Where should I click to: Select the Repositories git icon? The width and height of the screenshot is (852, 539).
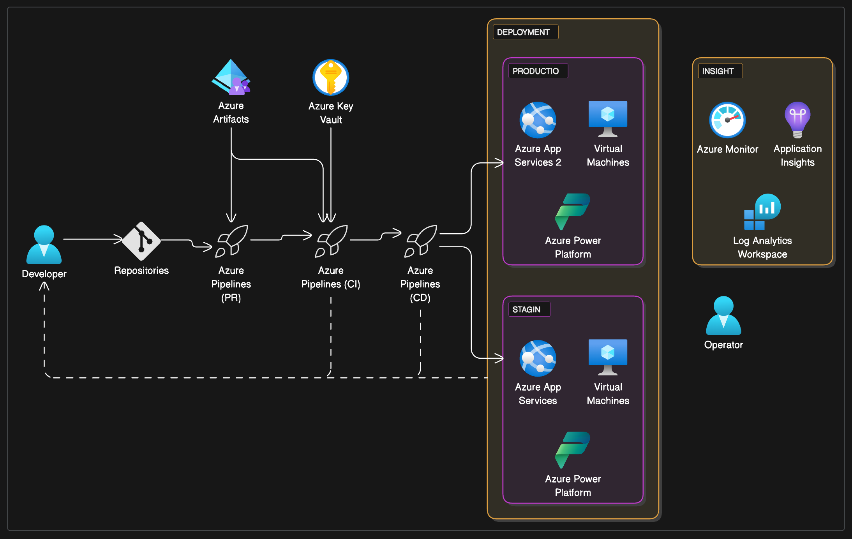tap(141, 241)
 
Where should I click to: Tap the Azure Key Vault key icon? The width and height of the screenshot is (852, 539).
tap(331, 78)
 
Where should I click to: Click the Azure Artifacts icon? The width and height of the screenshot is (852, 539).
tap(231, 77)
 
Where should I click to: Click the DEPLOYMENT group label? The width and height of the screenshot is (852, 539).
tap(525, 32)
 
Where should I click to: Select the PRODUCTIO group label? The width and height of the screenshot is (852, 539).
tap(537, 71)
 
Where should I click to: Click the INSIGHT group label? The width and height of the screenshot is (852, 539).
tap(719, 71)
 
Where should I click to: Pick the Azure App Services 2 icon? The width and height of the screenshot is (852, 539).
tap(538, 120)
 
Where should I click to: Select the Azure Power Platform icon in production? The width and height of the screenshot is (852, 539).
tap(573, 211)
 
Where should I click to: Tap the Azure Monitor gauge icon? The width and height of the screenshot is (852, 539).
tap(727, 120)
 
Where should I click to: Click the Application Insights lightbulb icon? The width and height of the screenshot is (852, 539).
tap(797, 119)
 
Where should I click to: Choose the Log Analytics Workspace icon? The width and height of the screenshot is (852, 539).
tap(762, 212)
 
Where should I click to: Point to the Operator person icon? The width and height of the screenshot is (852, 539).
tap(723, 316)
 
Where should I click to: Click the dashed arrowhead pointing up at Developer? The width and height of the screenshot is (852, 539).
tap(44, 286)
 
